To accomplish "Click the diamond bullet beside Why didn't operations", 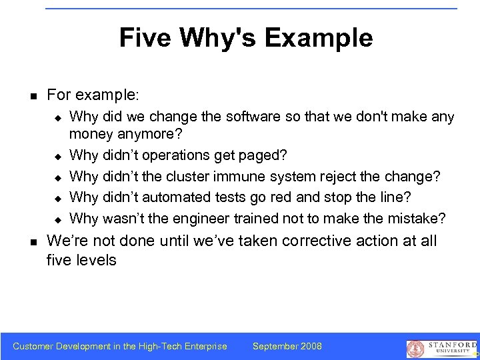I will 57,156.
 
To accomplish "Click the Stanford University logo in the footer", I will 441,347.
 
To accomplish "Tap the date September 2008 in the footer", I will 287,346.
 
